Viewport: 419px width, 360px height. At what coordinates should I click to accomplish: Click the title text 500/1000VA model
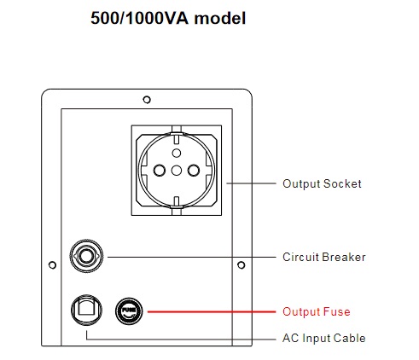tap(168, 18)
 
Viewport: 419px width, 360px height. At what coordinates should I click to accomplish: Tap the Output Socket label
tap(322, 183)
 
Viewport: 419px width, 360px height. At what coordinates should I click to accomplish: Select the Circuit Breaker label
tap(324, 257)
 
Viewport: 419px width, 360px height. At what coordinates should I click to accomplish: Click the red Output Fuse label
tap(317, 311)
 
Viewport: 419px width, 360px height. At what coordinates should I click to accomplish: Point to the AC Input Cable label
tap(324, 338)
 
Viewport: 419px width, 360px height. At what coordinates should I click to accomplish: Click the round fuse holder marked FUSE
tap(129, 311)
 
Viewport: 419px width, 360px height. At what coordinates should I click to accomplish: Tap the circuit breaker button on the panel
tap(86, 256)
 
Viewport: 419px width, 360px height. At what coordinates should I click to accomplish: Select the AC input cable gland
tap(86, 310)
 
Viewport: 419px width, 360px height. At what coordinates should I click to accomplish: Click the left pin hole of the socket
tap(160, 171)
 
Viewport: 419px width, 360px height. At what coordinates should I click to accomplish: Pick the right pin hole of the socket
tap(194, 171)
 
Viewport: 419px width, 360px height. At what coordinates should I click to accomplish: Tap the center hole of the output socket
tap(177, 171)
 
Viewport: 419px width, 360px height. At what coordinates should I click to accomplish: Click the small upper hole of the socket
tap(177, 154)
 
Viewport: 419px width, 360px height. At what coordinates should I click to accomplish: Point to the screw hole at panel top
tap(147, 100)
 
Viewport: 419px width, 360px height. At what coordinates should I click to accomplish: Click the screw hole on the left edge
tap(52, 265)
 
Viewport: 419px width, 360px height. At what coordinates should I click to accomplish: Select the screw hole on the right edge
tap(242, 265)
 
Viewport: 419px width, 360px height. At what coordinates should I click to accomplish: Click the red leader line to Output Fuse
tap(212, 311)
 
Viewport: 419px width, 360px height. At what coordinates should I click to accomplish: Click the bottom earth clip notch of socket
tap(177, 206)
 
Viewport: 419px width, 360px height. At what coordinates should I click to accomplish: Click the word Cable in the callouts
tap(349, 338)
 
